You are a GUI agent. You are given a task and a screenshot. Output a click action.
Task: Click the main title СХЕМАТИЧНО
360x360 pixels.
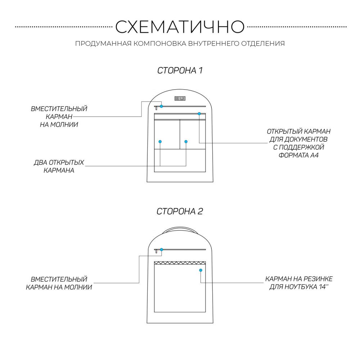180,27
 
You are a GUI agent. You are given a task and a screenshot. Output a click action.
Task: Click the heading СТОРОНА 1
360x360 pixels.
180,71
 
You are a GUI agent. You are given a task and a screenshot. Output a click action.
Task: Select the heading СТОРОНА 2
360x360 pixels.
180,211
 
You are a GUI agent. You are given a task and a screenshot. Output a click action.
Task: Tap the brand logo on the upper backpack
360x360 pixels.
180,99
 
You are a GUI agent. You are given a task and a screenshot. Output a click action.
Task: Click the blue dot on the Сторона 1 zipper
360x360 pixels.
161,106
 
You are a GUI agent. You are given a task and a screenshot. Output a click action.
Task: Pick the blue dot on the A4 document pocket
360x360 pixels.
199,114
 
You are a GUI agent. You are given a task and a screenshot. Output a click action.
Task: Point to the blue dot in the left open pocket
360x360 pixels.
160,141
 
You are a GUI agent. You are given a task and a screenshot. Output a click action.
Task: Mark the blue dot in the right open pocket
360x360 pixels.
186,141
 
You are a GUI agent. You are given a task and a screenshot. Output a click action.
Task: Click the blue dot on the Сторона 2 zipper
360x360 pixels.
161,249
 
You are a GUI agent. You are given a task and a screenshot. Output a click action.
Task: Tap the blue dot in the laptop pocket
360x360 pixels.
201,270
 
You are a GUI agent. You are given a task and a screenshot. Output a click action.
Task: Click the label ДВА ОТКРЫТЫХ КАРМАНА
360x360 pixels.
59,166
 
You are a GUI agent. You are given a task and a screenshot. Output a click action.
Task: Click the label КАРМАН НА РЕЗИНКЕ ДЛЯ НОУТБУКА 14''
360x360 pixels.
299,283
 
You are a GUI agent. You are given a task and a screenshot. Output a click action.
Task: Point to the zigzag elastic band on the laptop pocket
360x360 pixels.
180,263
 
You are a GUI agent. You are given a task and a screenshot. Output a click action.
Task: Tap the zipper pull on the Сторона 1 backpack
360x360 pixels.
156,107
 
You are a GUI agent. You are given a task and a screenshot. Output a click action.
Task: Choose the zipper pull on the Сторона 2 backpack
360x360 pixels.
156,251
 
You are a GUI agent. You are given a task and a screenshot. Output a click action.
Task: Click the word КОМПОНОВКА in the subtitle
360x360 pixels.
160,44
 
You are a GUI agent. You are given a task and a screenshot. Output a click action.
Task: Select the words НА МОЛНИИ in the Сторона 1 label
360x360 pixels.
59,125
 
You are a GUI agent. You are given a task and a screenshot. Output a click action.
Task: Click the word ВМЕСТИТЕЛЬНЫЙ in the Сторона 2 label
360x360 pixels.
59,279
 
